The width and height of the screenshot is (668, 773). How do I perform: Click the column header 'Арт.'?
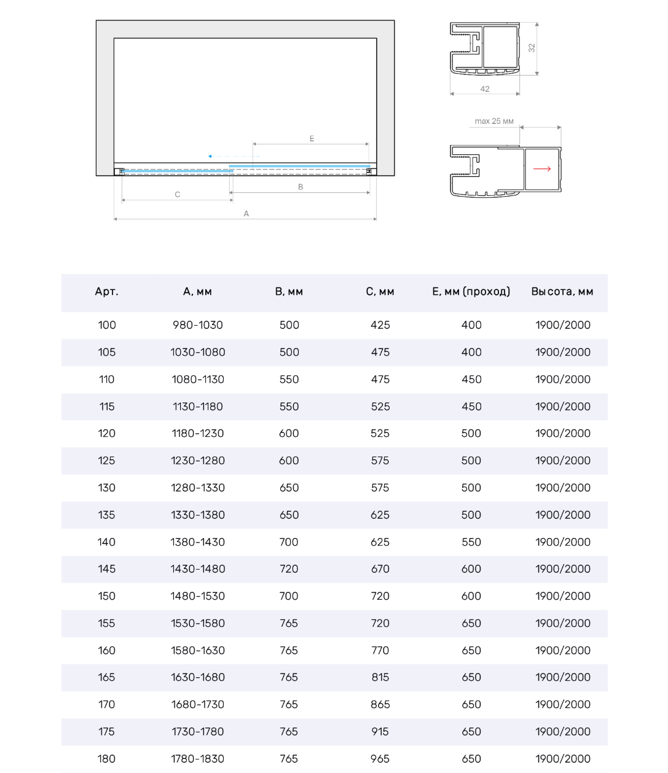106,292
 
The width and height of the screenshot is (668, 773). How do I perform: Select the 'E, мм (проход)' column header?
471,292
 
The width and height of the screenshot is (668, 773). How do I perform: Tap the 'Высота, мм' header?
562,292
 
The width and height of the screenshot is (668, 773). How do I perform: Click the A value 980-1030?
198,325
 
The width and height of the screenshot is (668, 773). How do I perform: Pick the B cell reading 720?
289,569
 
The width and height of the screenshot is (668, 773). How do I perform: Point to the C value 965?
380,759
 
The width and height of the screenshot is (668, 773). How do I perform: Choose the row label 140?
106,542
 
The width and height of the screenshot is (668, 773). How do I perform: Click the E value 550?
471,542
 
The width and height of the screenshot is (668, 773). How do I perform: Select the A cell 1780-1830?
198,759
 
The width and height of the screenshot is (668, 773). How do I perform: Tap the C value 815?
380,677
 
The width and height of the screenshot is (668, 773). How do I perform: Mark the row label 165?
106,677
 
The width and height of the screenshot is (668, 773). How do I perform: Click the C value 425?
380,325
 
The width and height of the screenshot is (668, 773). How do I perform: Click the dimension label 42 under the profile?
485,89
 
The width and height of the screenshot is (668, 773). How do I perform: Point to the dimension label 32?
532,47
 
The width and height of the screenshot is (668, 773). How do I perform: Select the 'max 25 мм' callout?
494,121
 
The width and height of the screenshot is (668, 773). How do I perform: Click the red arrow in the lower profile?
542,169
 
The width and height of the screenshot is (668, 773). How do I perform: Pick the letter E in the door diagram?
312,139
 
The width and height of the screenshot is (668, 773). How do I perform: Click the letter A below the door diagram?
246,214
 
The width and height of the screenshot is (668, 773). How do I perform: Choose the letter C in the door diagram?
178,195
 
